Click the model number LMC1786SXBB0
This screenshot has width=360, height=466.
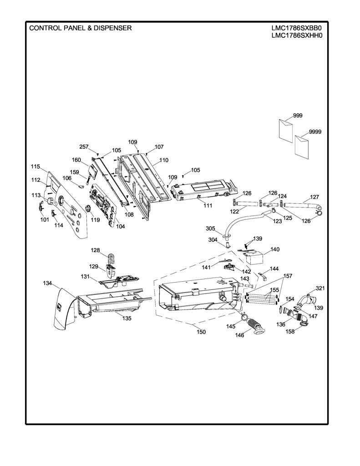[x=296, y=28]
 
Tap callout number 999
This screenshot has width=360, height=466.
[x=298, y=115]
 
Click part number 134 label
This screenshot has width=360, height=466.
[x=48, y=283]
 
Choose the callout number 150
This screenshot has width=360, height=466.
[x=201, y=332]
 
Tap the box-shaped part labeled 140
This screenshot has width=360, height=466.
[x=254, y=258]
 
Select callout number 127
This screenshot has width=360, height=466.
[x=314, y=197]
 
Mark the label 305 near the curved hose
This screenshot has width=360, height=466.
[x=210, y=228]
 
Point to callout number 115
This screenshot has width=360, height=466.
[x=35, y=167]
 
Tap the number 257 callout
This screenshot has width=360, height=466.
[x=84, y=147]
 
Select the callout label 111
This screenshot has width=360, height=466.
[x=208, y=205]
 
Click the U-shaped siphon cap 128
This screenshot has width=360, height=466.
[x=111, y=258]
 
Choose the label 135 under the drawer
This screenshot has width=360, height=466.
[x=127, y=318]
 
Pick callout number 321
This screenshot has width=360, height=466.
[x=320, y=288]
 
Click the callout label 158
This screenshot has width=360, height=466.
[x=290, y=331]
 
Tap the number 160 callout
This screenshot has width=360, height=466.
[x=76, y=160]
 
